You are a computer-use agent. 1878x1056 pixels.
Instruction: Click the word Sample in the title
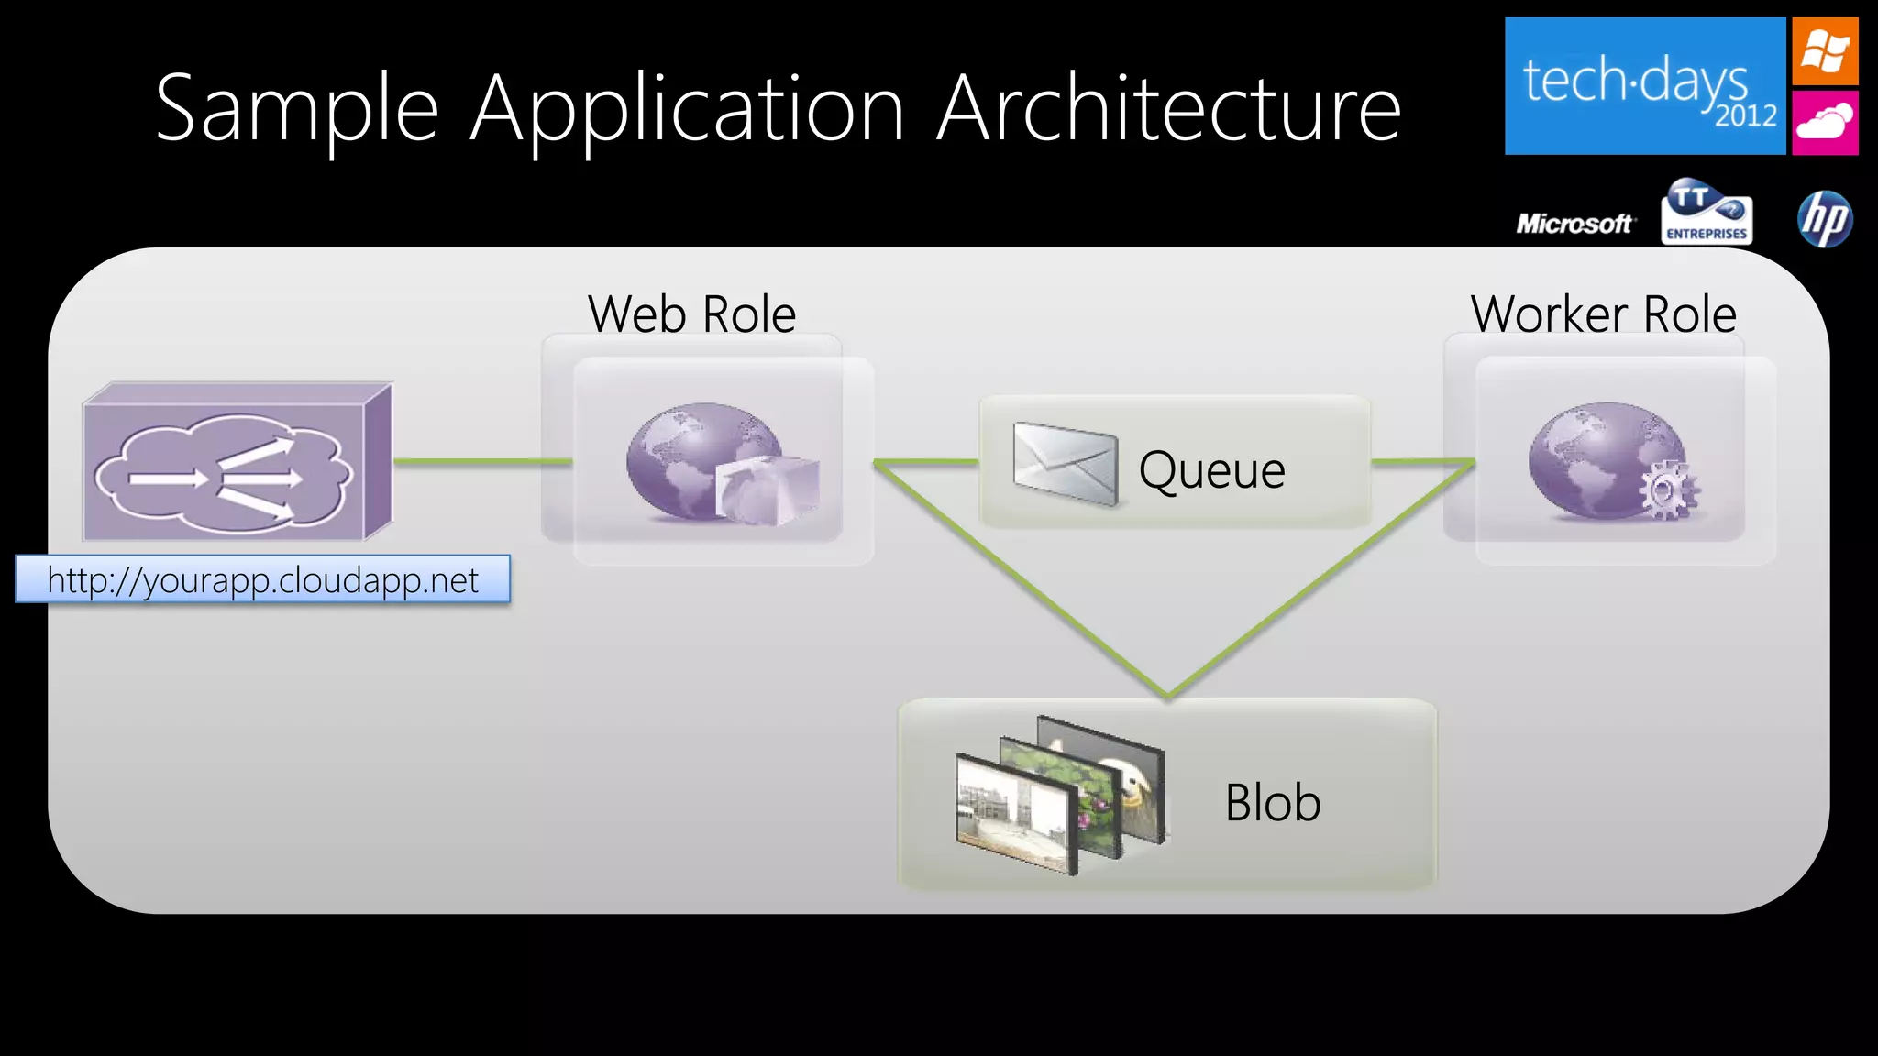(x=297, y=110)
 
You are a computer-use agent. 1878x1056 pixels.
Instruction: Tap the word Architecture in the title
(x=1168, y=110)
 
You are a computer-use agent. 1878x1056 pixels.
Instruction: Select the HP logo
(x=1825, y=219)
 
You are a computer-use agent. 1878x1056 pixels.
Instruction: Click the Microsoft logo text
(x=1574, y=224)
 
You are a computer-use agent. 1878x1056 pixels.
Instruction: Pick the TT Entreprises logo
(x=1707, y=213)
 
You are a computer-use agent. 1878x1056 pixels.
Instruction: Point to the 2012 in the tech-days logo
(x=1746, y=116)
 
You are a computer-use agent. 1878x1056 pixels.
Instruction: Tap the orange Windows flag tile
(x=1825, y=51)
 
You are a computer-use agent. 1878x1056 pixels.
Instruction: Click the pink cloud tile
(x=1825, y=122)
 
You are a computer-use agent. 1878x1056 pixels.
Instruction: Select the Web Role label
(x=691, y=314)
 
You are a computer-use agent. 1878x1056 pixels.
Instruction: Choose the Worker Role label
(x=1603, y=314)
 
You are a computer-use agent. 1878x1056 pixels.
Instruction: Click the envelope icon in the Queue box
(x=1066, y=463)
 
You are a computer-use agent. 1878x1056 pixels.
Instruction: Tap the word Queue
(x=1211, y=470)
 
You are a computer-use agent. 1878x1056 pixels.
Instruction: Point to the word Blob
(x=1273, y=803)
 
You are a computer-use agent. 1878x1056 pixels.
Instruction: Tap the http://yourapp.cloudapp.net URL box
(x=263, y=579)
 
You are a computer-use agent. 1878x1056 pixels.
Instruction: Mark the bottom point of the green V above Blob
(x=1168, y=695)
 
